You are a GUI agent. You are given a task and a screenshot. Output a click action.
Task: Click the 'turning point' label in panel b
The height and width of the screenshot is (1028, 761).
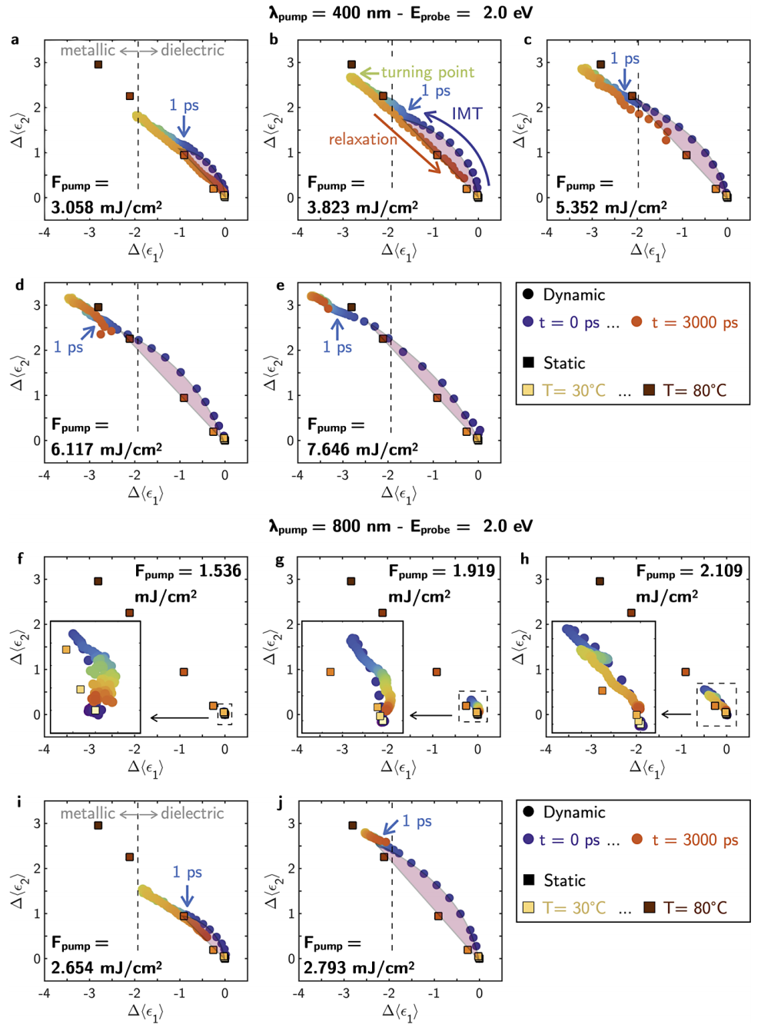pyautogui.click(x=427, y=72)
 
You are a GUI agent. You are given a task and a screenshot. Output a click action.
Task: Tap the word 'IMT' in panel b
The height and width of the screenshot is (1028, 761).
pyautogui.click(x=467, y=114)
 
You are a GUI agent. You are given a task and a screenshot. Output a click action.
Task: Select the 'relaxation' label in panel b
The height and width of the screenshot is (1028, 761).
pyautogui.click(x=363, y=139)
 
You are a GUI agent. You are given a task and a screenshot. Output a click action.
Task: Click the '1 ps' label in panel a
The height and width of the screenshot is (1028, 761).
pyautogui.click(x=184, y=105)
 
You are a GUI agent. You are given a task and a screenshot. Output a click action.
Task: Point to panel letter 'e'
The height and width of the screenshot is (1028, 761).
pyautogui.click(x=280, y=285)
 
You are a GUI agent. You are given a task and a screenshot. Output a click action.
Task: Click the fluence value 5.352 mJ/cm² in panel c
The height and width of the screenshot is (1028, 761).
pyautogui.click(x=611, y=207)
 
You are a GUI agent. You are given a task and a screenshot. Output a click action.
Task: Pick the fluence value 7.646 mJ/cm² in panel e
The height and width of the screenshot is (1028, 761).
pyautogui.click(x=362, y=449)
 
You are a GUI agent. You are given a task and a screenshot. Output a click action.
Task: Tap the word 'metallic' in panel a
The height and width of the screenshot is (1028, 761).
pyautogui.click(x=88, y=50)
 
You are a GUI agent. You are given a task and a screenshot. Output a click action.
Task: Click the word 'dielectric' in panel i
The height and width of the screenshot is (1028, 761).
pyautogui.click(x=192, y=813)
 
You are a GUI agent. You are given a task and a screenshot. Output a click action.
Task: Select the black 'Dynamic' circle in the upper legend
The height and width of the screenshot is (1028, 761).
pyautogui.click(x=528, y=294)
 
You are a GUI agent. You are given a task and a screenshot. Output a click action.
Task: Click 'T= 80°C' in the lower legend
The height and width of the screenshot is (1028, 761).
pyautogui.click(x=695, y=908)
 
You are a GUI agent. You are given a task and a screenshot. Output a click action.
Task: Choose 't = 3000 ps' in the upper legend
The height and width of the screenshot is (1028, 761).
pyautogui.click(x=694, y=323)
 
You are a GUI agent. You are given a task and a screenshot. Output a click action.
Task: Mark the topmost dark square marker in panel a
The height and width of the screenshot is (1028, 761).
pyautogui.click(x=98, y=65)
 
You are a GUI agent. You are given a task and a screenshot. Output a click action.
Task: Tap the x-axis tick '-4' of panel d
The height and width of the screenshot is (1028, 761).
pyautogui.click(x=45, y=475)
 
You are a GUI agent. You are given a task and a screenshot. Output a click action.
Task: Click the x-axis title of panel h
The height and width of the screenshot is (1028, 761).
pyautogui.click(x=647, y=767)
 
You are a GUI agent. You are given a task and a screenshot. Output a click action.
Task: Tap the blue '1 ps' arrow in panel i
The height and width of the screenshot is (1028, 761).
pyautogui.click(x=187, y=896)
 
